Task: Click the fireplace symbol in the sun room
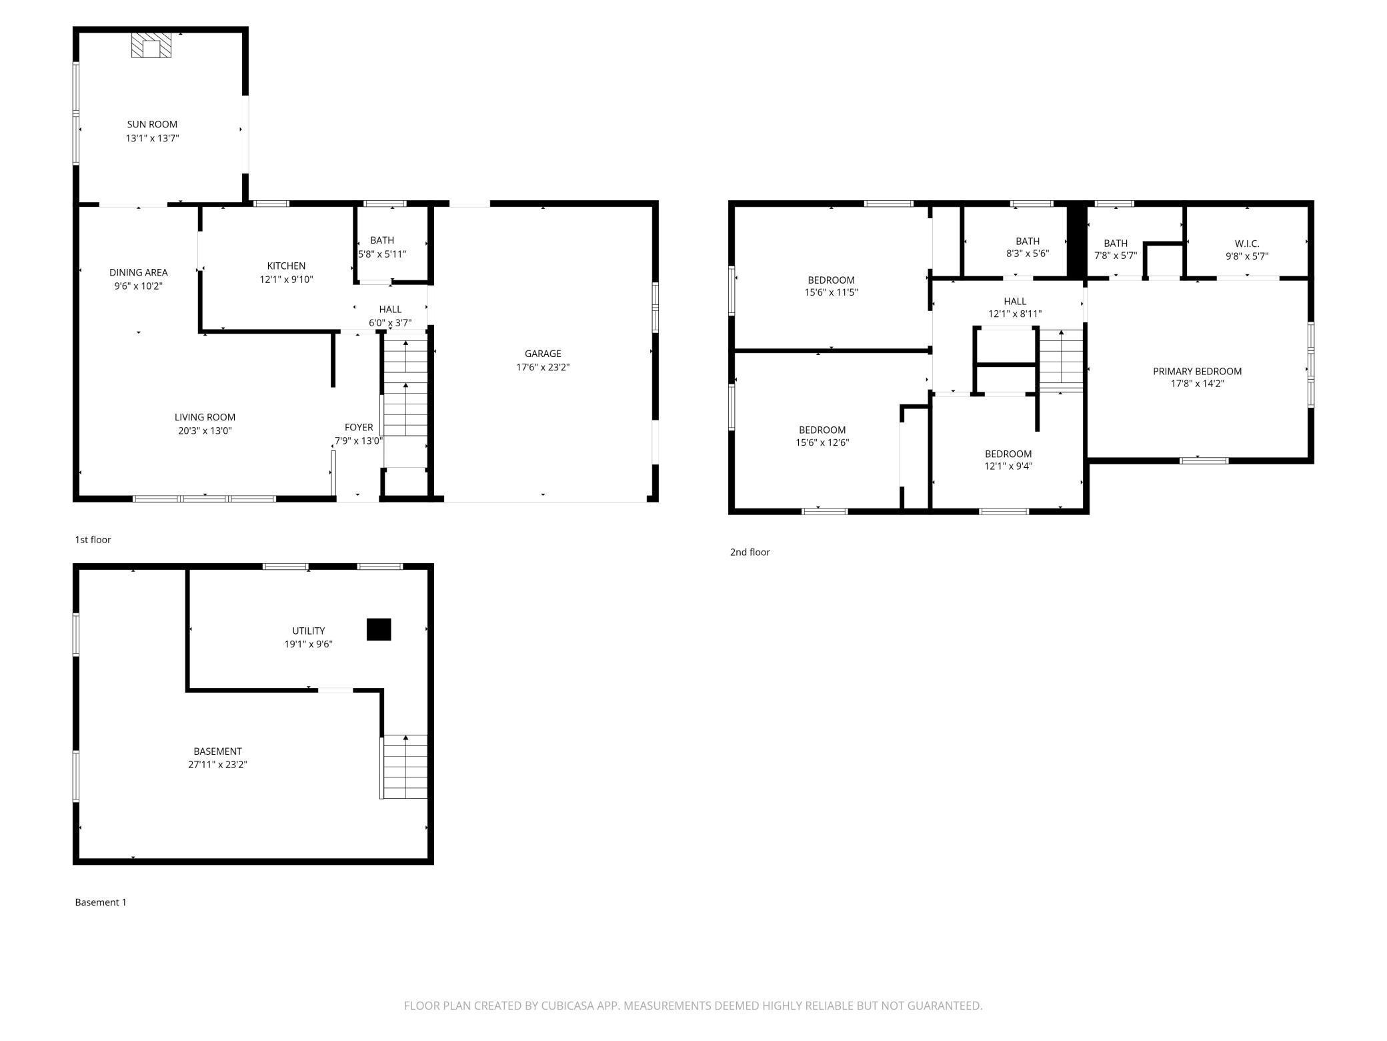pyautogui.click(x=151, y=45)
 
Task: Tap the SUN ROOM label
pyautogui.click(x=152, y=124)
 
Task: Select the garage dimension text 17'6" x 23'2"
pyautogui.click(x=543, y=367)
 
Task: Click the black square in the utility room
pyautogui.click(x=379, y=629)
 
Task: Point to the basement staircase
pyautogui.click(x=404, y=767)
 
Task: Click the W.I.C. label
pyautogui.click(x=1246, y=244)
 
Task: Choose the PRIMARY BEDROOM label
pyautogui.click(x=1197, y=371)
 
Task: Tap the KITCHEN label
pyautogui.click(x=286, y=266)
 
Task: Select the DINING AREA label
pyautogui.click(x=138, y=272)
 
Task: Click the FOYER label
pyautogui.click(x=359, y=427)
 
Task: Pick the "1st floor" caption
pyautogui.click(x=93, y=539)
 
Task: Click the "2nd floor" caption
pyautogui.click(x=750, y=552)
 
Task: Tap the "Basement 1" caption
pyautogui.click(x=100, y=902)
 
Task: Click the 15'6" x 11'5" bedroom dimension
pyautogui.click(x=831, y=292)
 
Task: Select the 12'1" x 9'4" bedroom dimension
pyautogui.click(x=1008, y=466)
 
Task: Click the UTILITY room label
pyautogui.click(x=309, y=631)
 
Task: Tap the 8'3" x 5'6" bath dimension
pyautogui.click(x=1028, y=254)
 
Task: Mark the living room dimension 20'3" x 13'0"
pyautogui.click(x=205, y=430)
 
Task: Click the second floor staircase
pyautogui.click(x=1061, y=360)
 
